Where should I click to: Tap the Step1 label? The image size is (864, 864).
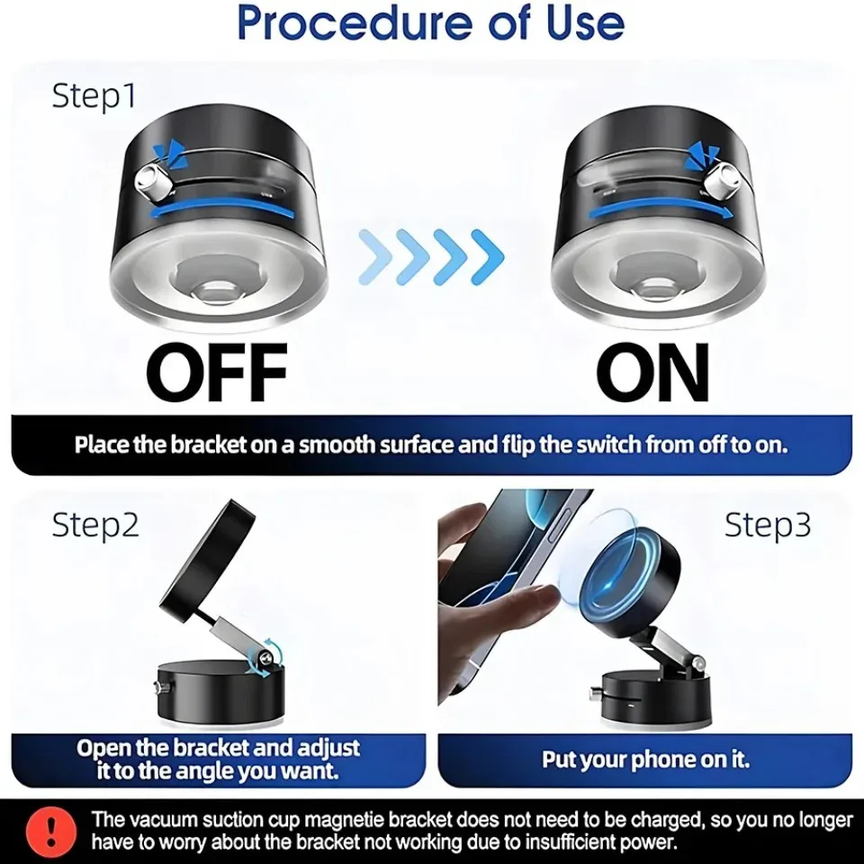tap(94, 96)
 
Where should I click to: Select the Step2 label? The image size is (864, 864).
tap(95, 525)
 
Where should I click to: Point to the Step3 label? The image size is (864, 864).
tap(768, 525)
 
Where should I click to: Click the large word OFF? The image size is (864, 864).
tap(217, 372)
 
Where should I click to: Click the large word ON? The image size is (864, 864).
tap(652, 372)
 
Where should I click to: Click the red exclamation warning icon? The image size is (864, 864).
tap(51, 831)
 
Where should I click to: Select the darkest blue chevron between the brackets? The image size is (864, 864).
tap(487, 256)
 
